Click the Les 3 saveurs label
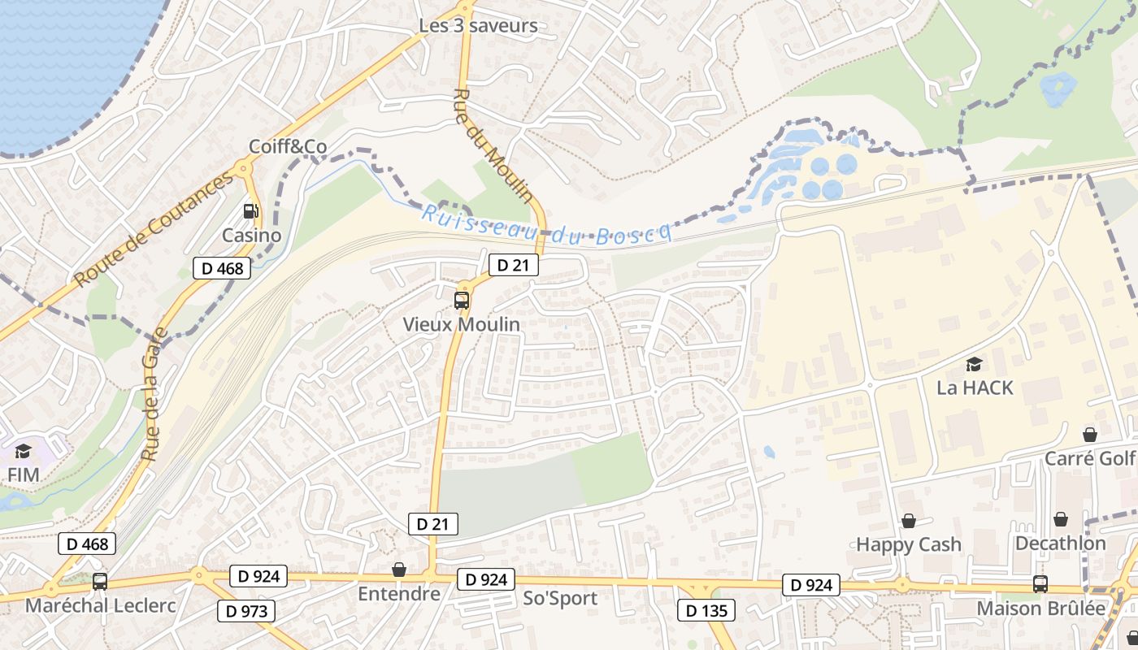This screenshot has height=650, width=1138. tap(478, 26)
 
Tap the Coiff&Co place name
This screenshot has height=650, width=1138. tap(288, 147)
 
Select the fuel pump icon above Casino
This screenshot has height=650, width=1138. tap(251, 211)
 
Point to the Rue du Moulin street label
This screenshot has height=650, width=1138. tap(493, 145)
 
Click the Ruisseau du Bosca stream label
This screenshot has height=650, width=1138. tap(546, 225)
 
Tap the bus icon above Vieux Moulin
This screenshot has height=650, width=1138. tap(462, 301)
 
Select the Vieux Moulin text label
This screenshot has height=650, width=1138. tap(462, 324)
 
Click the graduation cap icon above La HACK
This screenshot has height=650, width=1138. tap(974, 364)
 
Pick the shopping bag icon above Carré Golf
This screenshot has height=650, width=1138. tap(1090, 435)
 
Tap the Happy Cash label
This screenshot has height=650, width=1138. tap(909, 544)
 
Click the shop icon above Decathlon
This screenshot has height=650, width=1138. tap(1061, 519)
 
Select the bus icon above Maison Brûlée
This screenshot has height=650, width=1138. tap(1040, 583)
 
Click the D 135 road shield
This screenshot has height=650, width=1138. tap(706, 610)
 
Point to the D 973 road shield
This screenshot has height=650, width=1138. tap(246, 610)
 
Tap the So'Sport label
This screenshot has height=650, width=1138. tap(561, 599)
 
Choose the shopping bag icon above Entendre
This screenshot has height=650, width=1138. tap(399, 570)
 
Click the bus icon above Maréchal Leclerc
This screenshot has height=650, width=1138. tap(100, 582)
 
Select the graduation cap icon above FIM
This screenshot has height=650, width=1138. tap(23, 451)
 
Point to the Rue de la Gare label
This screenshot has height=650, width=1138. tap(154, 394)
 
